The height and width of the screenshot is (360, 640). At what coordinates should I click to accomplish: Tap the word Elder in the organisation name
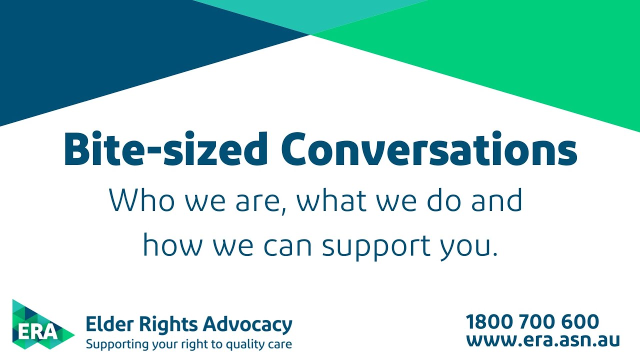[104, 324]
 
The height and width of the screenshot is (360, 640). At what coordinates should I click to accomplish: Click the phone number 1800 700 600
[532, 321]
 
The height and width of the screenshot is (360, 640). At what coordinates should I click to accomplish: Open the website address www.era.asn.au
[543, 340]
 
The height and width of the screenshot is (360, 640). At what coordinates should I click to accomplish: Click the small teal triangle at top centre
[310, 12]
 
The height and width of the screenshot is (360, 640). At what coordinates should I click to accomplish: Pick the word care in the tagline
[280, 344]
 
